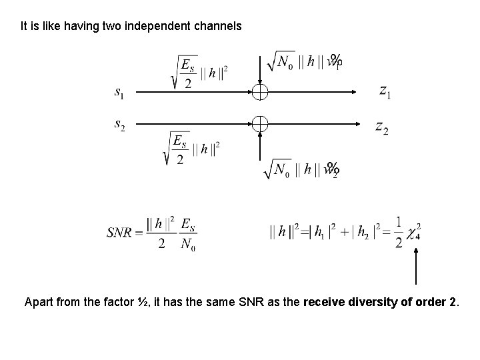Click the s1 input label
click(x=118, y=93)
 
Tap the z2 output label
click(x=382, y=126)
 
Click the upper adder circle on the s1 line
click(x=260, y=93)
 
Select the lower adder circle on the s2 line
click(x=260, y=123)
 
